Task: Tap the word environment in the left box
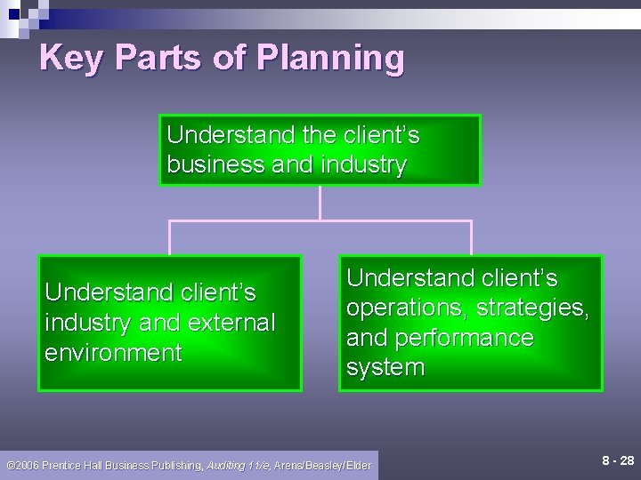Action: click(113, 353)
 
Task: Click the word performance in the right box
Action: click(440, 338)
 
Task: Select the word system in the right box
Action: click(385, 368)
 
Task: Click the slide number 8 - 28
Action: click(618, 460)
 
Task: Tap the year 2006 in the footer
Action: click(26, 465)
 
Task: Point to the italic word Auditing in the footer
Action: click(228, 465)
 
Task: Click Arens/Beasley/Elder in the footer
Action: click(322, 465)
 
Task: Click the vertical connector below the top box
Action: click(320, 203)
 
